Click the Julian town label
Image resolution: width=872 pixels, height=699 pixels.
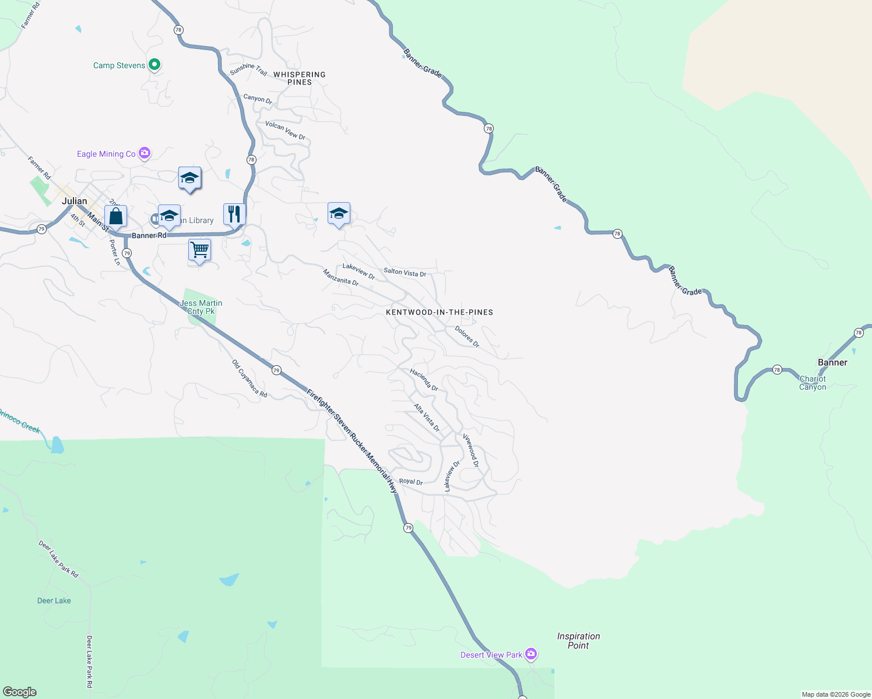tap(75, 201)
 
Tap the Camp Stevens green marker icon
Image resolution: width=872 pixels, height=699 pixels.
tap(154, 65)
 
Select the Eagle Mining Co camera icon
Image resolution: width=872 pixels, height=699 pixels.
tap(145, 153)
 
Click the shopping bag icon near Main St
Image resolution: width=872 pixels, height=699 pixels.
tap(116, 217)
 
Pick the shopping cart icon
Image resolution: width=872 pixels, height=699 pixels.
tap(199, 250)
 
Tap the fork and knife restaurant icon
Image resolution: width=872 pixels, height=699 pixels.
tap(234, 213)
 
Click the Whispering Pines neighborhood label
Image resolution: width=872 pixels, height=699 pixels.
tap(300, 78)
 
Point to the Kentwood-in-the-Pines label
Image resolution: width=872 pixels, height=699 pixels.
tap(439, 312)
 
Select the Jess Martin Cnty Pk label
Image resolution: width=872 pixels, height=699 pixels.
tap(201, 307)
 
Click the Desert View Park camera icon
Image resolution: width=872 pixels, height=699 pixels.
tap(530, 654)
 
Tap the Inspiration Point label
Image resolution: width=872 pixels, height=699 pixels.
tap(578, 641)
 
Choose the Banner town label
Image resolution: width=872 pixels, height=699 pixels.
tap(832, 362)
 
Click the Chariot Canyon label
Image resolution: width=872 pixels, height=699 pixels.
tap(813, 383)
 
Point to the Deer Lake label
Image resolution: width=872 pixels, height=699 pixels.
tap(54, 601)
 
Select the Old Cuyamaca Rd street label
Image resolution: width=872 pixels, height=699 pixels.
tap(249, 379)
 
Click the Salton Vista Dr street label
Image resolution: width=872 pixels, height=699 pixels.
tap(405, 272)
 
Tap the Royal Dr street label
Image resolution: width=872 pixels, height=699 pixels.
tap(411, 481)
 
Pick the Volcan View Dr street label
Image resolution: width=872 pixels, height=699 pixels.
tap(285, 130)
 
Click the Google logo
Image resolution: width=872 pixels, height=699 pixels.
tap(20, 691)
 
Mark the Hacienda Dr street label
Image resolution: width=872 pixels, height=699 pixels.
tap(424, 380)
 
